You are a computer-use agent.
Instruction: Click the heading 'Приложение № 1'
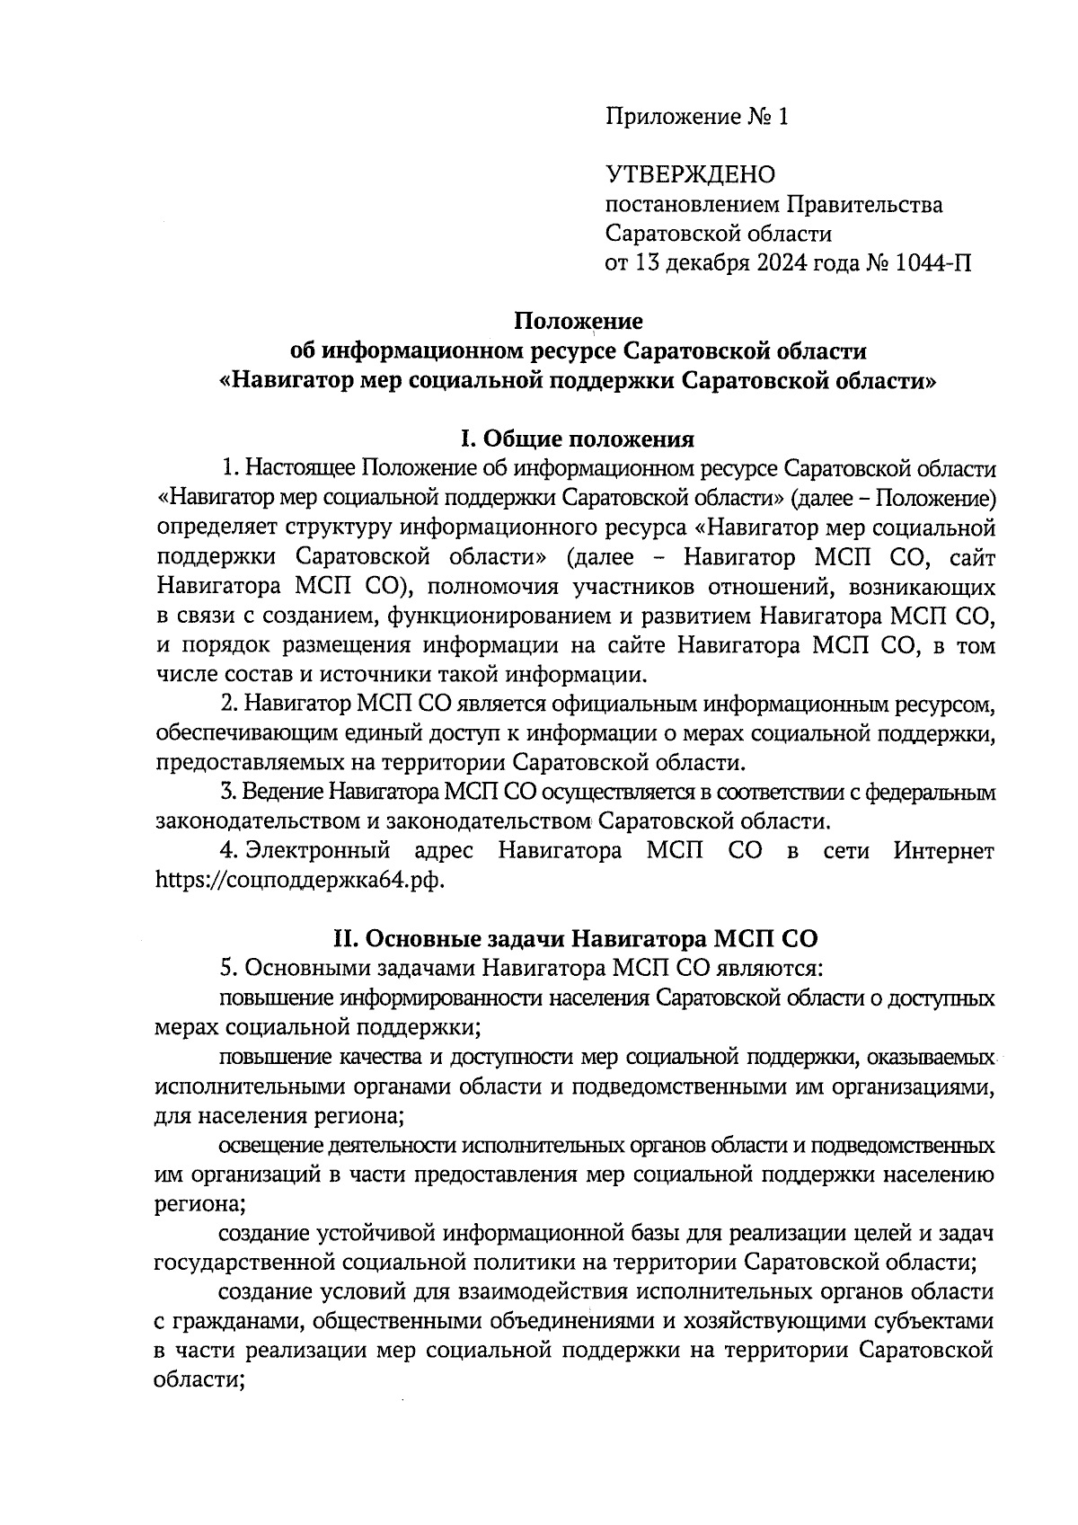[x=696, y=117]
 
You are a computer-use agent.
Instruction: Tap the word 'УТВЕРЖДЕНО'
[x=690, y=174]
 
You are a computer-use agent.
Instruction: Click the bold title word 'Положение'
[x=578, y=321]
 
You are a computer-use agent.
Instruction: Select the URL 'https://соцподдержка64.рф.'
[x=299, y=879]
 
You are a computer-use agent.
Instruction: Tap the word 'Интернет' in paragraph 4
[x=943, y=850]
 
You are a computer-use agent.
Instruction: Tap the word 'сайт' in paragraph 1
[x=971, y=557]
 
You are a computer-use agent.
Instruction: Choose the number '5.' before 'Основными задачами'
[x=228, y=969]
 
